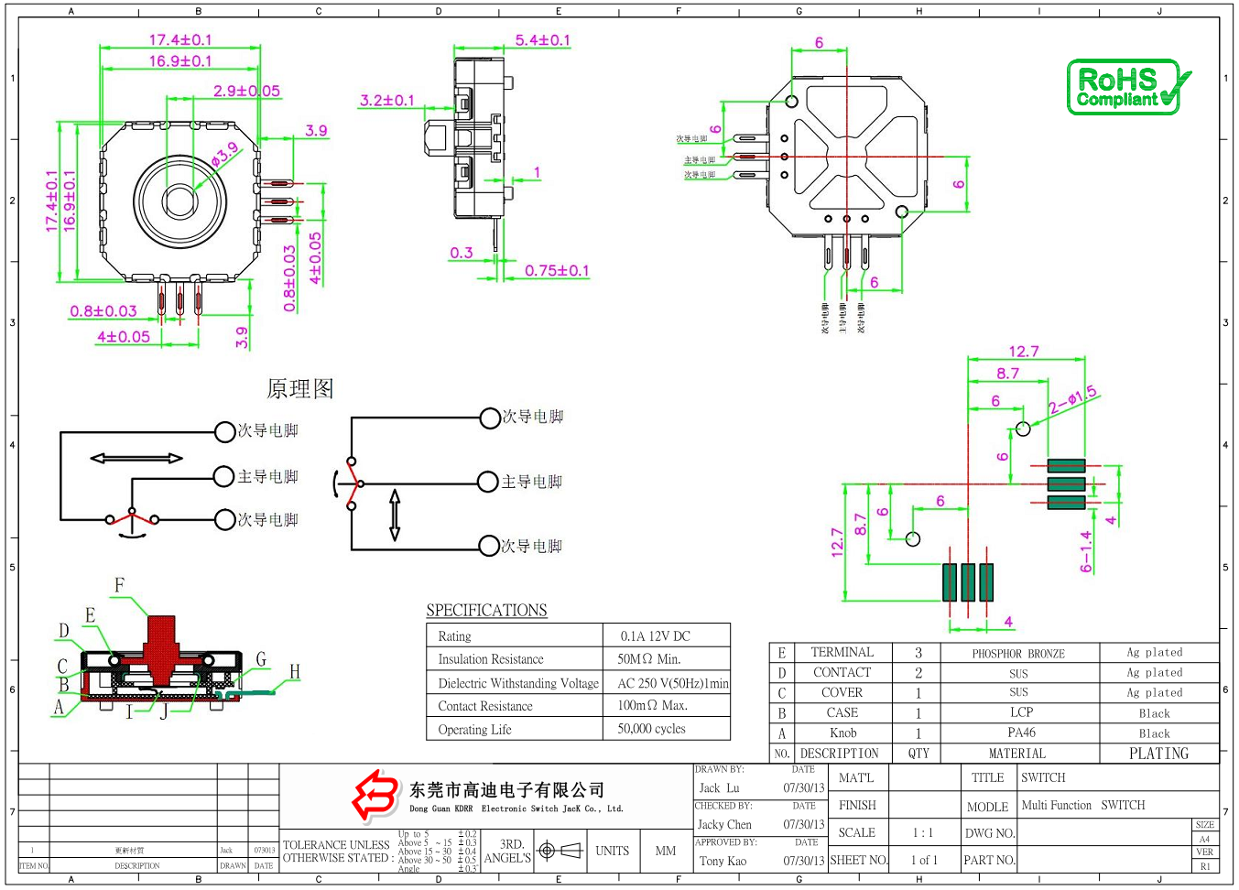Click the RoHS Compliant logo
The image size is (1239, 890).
coord(1128,87)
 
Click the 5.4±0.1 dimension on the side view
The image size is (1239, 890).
coord(542,40)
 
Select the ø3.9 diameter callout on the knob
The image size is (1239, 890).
coord(224,155)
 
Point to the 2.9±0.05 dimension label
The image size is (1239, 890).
coord(246,91)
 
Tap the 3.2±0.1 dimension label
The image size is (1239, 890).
coord(386,100)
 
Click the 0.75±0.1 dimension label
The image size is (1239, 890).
coord(557,270)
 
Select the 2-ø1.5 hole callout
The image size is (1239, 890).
coord(1072,400)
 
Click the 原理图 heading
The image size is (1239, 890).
coord(299,389)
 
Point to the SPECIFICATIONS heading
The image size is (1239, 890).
coord(486,611)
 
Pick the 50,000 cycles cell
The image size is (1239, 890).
coord(651,729)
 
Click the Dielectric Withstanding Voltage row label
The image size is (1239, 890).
coord(518,683)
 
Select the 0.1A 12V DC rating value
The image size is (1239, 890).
coord(655,636)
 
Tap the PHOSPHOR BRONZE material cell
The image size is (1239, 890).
coord(1018,654)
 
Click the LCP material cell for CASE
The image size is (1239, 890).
coord(1021,712)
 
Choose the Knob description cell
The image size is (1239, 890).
coord(842,733)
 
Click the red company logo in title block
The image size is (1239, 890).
coord(375,795)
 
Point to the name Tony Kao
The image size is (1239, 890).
coord(723,861)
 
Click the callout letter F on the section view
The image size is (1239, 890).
coord(119,585)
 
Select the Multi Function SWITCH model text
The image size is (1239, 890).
coord(1082,806)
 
